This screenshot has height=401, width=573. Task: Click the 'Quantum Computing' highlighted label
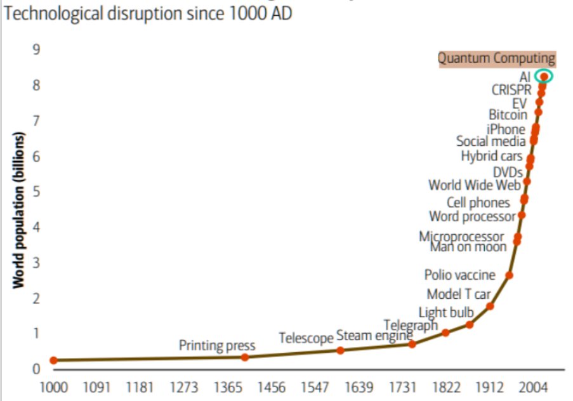496,58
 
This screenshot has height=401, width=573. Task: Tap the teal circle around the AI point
543,77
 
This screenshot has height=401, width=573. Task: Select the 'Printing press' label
216,346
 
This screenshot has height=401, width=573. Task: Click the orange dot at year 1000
53,360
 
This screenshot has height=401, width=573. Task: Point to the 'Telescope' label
306,338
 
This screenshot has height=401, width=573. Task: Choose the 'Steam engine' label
374,336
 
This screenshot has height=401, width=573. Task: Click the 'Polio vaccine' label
460,275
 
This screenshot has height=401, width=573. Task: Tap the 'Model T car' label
459,294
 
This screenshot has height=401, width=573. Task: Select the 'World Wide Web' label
475,185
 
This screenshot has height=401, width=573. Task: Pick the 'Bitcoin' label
508,115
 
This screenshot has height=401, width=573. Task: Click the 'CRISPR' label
511,89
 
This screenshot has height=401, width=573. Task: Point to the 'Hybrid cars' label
492,156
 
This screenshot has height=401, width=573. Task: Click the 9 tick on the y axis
36,49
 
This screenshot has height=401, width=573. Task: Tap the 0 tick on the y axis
36,369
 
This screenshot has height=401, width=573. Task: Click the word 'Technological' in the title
43,13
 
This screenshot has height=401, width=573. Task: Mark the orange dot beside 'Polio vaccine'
509,275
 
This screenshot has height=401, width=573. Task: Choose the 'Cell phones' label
478,203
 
